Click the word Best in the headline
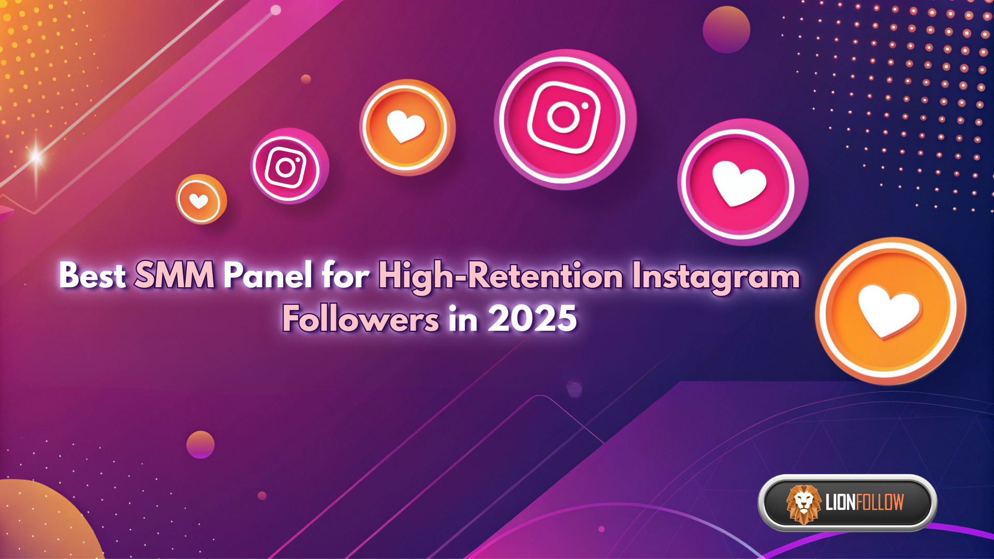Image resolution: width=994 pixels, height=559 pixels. (x=92, y=275)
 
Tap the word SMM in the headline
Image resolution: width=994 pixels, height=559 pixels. (x=174, y=275)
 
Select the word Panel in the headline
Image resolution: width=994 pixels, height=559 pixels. (x=268, y=275)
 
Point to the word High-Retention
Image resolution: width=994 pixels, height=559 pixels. (x=500, y=277)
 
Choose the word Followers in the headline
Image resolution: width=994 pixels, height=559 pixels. (x=361, y=318)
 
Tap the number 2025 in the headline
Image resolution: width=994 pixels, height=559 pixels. (x=532, y=318)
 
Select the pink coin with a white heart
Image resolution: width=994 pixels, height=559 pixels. (x=741, y=183)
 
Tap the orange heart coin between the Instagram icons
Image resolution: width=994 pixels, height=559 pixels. (x=407, y=127)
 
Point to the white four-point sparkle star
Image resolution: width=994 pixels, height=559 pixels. (x=36, y=156)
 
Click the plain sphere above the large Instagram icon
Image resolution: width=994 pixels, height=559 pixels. (x=726, y=30)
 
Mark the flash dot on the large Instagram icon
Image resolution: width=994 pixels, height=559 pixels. (x=585, y=106)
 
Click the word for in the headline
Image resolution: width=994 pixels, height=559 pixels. (x=345, y=275)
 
